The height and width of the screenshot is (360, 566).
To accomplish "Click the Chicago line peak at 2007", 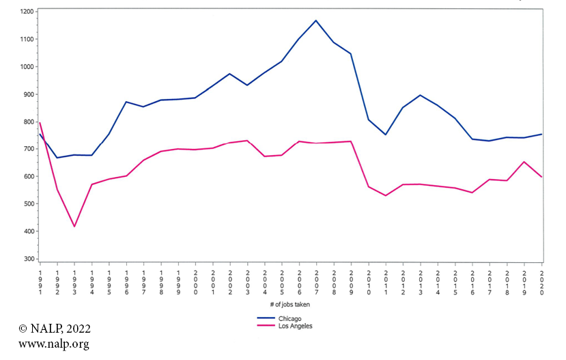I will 316,20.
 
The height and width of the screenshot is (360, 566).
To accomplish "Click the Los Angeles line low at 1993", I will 74,226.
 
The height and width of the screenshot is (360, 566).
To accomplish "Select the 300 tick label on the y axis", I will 28,259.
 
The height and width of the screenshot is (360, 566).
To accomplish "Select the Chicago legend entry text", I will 289,318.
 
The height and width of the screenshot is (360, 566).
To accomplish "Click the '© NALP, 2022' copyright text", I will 54,329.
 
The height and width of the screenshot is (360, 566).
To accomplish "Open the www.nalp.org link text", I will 53,344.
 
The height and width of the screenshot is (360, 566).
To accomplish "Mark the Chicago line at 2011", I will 386,135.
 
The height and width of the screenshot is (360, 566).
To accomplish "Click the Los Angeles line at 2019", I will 524,162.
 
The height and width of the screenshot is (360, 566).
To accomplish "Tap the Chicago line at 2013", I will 421,95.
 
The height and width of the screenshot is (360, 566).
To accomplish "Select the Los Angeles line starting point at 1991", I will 40,123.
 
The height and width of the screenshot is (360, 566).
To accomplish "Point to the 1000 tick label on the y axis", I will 27,67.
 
